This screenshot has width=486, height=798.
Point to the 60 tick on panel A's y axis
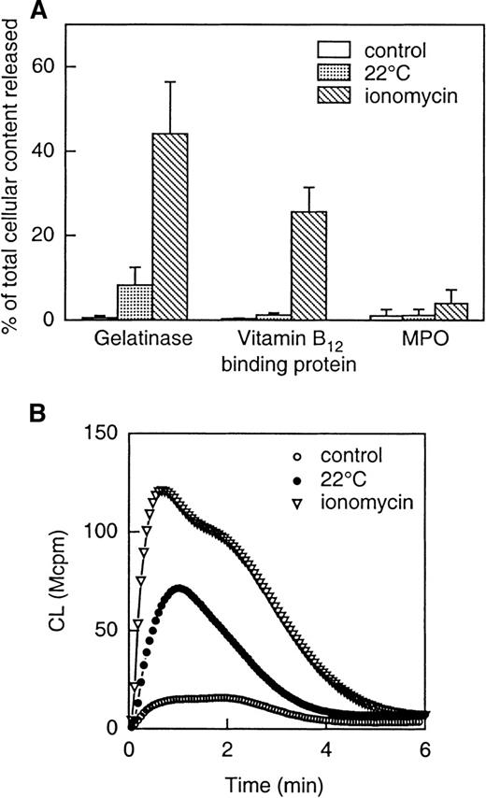point(50,67)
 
